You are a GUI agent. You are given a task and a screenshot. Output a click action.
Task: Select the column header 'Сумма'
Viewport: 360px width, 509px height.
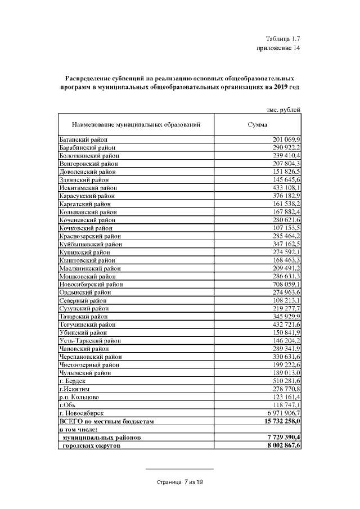click(258, 125)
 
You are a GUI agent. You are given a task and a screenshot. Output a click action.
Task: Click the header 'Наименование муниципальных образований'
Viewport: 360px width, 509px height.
click(136, 125)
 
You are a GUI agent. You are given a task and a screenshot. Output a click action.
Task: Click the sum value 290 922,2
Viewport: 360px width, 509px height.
click(287, 147)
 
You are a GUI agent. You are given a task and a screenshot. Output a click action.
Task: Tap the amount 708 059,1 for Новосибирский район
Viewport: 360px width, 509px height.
click(287, 284)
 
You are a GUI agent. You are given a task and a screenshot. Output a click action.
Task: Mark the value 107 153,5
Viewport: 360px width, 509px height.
click(287, 228)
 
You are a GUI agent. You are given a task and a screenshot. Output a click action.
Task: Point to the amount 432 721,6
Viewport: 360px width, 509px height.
click(287, 325)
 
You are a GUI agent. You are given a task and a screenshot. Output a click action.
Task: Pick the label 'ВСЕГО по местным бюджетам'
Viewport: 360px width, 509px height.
click(106, 421)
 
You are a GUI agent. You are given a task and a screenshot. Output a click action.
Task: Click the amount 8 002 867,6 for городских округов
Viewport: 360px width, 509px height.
click(282, 445)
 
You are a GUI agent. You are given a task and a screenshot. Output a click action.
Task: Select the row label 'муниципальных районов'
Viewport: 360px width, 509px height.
click(102, 438)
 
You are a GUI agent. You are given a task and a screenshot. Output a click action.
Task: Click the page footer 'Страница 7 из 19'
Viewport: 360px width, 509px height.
click(179, 483)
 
